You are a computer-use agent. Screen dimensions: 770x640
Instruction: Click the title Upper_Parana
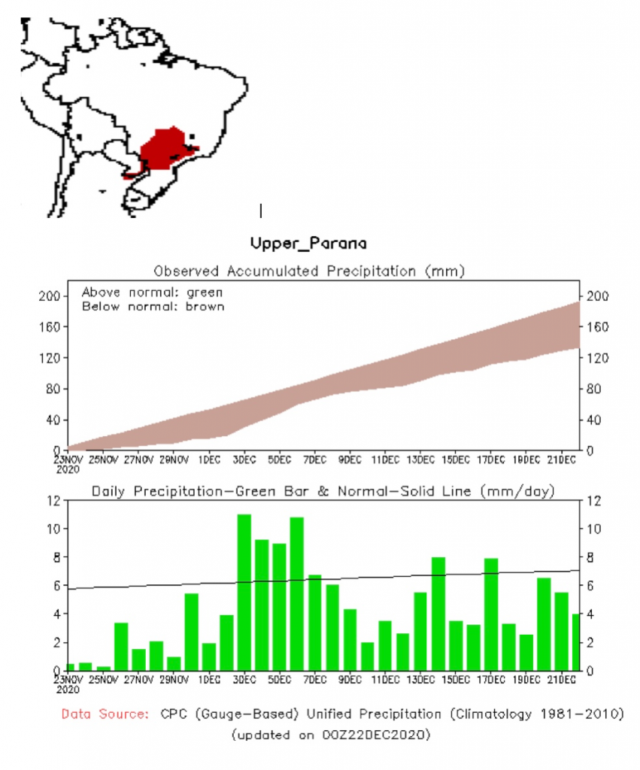point(309,244)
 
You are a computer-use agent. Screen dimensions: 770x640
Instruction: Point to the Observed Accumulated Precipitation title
point(309,271)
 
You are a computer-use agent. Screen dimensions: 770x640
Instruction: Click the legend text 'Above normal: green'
point(153,292)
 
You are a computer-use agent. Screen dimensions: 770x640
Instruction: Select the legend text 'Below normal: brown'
point(153,306)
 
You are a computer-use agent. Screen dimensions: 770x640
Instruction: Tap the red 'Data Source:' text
point(105,714)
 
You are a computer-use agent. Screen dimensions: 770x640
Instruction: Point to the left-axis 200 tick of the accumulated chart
point(50,296)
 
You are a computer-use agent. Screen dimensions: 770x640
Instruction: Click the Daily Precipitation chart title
point(323,491)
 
